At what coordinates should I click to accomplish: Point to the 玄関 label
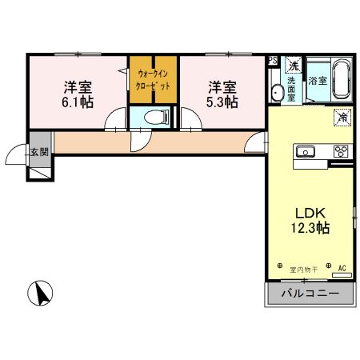39,151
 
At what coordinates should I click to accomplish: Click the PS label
273,60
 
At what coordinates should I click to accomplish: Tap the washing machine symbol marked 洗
294,65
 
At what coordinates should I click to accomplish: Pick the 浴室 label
318,81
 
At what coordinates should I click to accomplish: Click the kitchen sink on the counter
307,151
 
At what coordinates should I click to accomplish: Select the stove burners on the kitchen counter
340,151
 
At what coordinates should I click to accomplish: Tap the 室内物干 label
304,270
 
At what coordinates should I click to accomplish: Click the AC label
342,269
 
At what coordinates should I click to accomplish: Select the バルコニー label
309,294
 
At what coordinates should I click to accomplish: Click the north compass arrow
41,294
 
